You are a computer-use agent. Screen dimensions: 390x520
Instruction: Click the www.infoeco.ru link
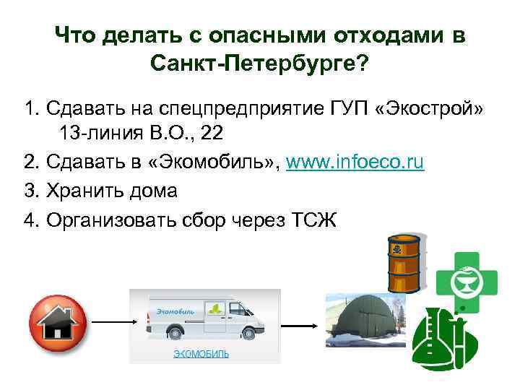tap(355, 163)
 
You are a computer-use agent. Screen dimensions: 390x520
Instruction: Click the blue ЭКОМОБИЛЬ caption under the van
tap(201, 354)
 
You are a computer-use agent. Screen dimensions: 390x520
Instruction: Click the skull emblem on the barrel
tap(396, 251)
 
